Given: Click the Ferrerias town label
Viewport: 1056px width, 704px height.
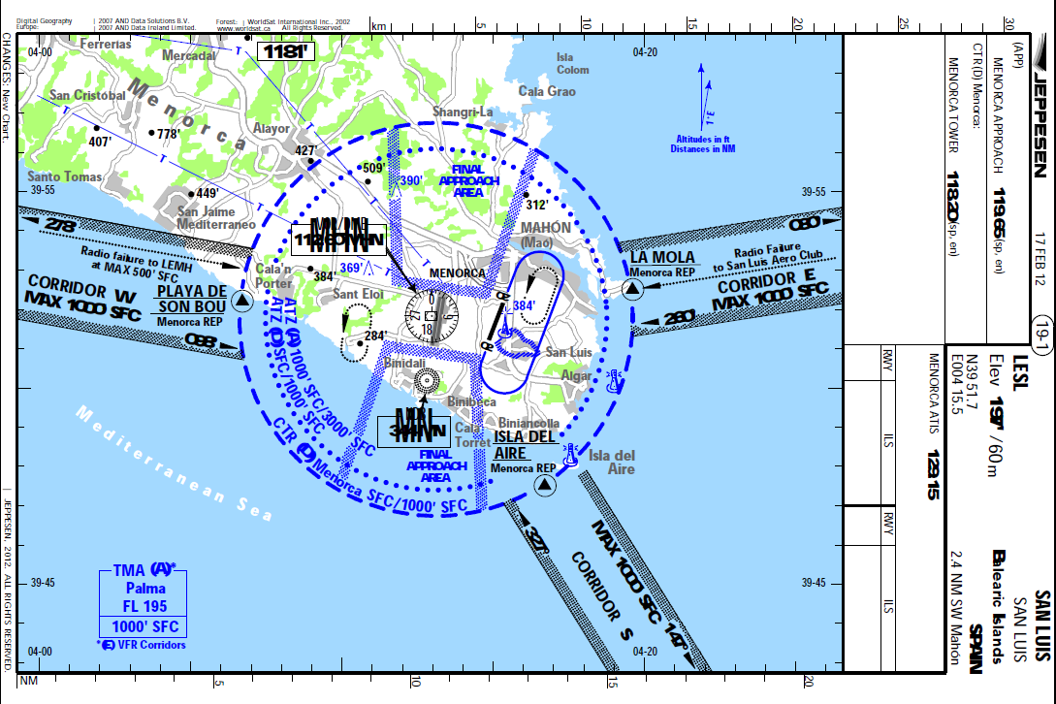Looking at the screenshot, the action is (106, 44).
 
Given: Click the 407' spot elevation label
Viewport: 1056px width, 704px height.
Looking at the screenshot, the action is (101, 142).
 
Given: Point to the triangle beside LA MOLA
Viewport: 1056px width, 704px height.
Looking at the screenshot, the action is (632, 289).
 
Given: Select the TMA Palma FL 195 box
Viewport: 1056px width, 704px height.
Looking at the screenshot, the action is (144, 601).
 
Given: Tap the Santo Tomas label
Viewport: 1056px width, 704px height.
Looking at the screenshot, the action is (65, 176).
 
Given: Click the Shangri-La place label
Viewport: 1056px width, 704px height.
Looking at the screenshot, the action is (463, 112).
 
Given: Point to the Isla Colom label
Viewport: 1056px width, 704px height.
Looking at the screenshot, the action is (572, 63).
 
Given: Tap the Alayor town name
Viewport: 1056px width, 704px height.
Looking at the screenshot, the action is (272, 128).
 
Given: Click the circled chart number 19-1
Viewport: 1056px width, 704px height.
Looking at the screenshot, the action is (1041, 327).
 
